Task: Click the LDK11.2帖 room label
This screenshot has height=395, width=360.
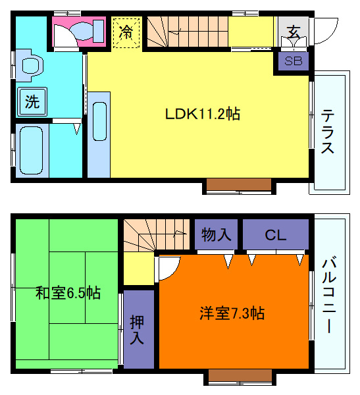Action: click(x=202, y=114)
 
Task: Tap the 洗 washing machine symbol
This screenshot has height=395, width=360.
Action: click(x=32, y=101)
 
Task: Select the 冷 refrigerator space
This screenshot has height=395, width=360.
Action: click(x=126, y=32)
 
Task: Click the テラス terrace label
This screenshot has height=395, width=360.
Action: click(x=328, y=132)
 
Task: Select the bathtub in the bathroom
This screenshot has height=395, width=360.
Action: click(x=30, y=148)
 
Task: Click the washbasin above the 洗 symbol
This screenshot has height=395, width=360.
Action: click(x=30, y=66)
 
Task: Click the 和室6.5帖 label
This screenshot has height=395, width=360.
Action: click(x=68, y=292)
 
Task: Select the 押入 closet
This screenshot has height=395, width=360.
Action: click(x=138, y=329)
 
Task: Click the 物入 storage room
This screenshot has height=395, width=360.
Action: click(x=215, y=234)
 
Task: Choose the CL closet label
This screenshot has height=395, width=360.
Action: click(x=275, y=234)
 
